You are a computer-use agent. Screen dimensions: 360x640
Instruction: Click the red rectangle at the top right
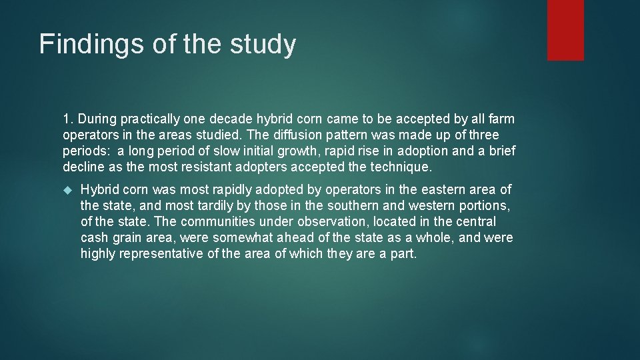[x=565, y=30]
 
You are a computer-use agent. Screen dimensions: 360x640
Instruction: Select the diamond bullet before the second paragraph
[x=67, y=191]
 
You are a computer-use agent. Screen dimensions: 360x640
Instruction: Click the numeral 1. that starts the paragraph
[x=68, y=119]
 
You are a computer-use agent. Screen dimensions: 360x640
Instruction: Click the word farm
[x=501, y=119]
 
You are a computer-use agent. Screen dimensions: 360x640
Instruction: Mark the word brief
[x=501, y=151]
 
